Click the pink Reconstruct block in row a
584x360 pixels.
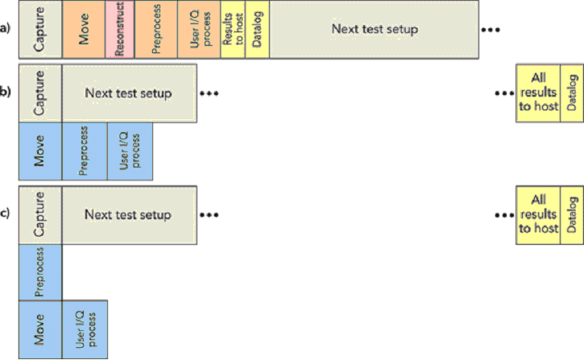tap(120, 30)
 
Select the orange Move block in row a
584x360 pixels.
tap(84, 30)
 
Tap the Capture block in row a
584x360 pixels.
tap(40, 30)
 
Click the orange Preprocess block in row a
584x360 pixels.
tap(156, 30)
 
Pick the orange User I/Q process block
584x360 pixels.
tap(199, 30)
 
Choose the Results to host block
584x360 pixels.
tap(233, 30)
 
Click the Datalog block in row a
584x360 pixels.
tap(257, 30)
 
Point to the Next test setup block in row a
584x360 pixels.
tap(375, 30)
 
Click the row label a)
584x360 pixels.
tap(5, 28)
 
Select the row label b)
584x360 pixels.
tap(5, 92)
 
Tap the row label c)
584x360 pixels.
tap(5, 213)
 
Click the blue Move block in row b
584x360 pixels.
tap(40, 151)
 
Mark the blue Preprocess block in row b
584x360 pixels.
tap(85, 151)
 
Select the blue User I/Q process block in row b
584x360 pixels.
tap(130, 151)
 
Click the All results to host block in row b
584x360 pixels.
tap(538, 93)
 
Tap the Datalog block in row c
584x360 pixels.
tap(572, 215)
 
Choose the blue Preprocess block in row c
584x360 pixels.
tap(40, 272)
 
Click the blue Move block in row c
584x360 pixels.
tap(40, 329)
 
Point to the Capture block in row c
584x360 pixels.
tap(40, 215)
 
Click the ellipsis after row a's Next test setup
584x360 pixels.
tap(491, 30)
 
